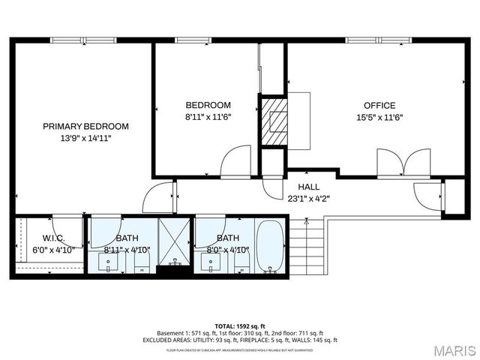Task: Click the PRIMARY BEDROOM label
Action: (x=85, y=126)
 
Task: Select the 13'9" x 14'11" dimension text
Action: (x=85, y=138)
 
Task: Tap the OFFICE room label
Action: (x=379, y=106)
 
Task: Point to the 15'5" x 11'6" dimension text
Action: (x=379, y=117)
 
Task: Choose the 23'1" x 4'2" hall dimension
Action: (x=308, y=199)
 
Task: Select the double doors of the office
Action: (x=403, y=163)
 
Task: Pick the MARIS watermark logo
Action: (x=454, y=350)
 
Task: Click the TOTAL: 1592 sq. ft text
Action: (x=239, y=325)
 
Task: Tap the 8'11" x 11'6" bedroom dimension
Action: (x=208, y=117)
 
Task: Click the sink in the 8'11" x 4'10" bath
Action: (x=109, y=262)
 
